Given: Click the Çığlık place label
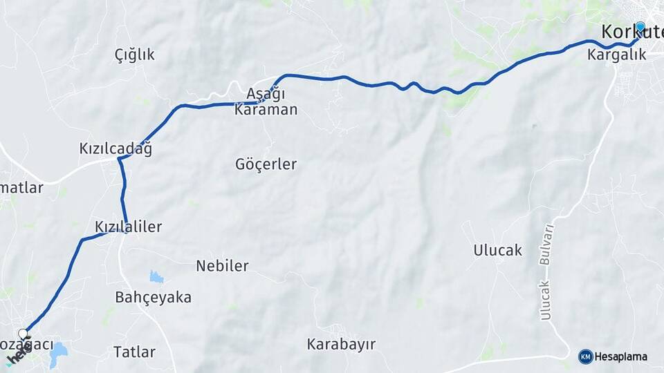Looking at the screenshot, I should click(135, 55).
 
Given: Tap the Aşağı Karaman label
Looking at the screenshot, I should click(266, 102).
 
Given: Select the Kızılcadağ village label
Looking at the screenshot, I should click(116, 149).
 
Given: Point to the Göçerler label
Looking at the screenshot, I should click(266, 164).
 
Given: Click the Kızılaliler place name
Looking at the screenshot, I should click(129, 227).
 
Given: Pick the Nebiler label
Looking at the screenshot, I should click(222, 266).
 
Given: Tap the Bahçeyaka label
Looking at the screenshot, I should click(153, 298).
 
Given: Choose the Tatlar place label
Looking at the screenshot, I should click(134, 352).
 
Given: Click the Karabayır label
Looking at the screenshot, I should click(342, 344).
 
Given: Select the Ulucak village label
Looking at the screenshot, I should click(498, 250).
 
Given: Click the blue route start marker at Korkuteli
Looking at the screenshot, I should click(640, 28).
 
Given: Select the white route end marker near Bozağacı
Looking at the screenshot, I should click(23, 334).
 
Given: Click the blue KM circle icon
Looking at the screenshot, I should click(586, 356).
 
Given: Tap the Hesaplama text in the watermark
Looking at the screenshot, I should click(621, 356).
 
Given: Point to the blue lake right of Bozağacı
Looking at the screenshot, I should click(58, 352).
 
